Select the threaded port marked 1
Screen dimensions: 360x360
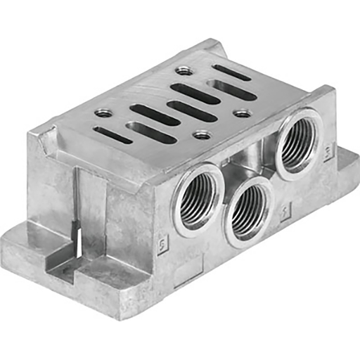(x=249, y=210)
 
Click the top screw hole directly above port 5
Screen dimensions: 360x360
(x=202, y=134)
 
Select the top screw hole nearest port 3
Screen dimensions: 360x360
(x=242, y=112)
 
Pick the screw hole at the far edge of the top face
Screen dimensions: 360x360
(x=184, y=70)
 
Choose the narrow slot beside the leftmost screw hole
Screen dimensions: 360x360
(x=112, y=134)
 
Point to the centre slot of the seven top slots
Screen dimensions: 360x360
(x=173, y=111)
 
